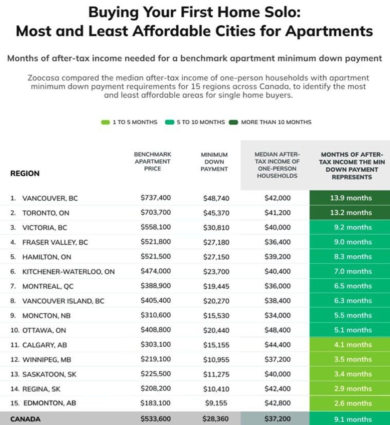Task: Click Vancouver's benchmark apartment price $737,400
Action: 155,198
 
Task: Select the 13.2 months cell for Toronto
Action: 350,212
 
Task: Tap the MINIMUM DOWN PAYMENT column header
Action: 214,162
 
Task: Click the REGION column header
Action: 25,173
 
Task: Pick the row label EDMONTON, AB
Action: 49,403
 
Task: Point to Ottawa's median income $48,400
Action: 277,330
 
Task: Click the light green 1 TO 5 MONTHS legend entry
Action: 130,122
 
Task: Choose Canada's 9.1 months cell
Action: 350,419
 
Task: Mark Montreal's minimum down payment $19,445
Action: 216,286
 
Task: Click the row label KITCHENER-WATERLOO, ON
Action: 68,272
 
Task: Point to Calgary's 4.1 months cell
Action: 350,345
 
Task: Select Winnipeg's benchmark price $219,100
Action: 155,359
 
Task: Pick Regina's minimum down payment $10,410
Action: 216,388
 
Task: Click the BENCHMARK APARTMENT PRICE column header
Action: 152,161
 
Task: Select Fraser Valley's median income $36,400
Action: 277,242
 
